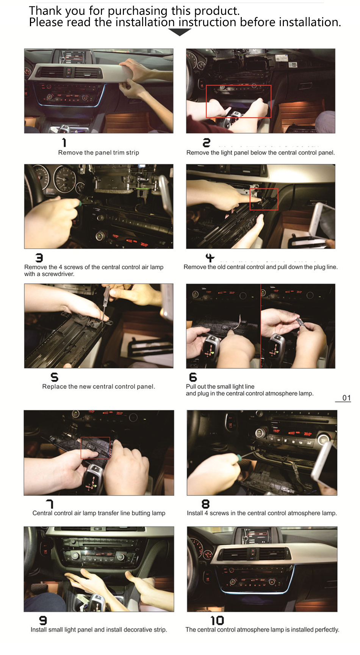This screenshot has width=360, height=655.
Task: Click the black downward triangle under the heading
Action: point(180,33)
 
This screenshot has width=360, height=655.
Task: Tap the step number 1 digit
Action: point(64,143)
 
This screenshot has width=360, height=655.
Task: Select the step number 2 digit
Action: point(207,143)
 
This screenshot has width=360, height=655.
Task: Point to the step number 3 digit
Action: point(39,258)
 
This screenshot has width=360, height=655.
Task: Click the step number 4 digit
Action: point(210,258)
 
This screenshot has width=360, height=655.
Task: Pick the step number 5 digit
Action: point(55,377)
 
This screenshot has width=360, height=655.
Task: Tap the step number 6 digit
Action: point(193,377)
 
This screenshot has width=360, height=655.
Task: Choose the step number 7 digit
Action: point(50,504)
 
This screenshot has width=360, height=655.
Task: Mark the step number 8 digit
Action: point(205,504)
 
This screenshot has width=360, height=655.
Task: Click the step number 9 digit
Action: point(43,621)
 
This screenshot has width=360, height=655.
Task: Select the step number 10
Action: point(217,621)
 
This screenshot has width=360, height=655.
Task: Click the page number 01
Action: point(346,398)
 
